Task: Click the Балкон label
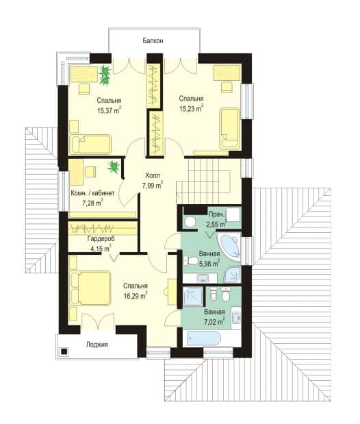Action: tap(153, 41)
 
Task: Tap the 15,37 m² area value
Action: tap(110, 110)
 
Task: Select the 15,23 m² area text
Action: tap(192, 108)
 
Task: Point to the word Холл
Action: tap(153, 176)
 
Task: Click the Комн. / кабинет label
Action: tap(92, 193)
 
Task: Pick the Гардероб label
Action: tap(101, 239)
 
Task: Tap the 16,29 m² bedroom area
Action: tap(136, 295)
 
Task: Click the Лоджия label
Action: tap(97, 345)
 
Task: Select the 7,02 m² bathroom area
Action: tap(214, 322)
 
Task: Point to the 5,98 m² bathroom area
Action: tap(209, 264)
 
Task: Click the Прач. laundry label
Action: tap(216, 214)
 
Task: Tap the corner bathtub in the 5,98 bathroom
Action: tap(229, 245)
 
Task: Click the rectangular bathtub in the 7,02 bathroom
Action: tap(205, 338)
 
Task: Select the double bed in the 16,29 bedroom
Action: tap(90, 289)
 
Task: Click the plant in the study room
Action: tap(114, 167)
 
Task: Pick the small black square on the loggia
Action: tap(64, 351)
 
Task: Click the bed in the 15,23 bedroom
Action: tap(230, 129)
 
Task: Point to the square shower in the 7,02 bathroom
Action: tap(193, 297)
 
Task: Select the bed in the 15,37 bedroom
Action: tap(90, 145)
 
